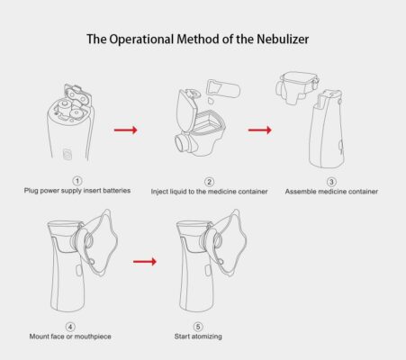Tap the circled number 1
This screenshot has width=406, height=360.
tap(77, 181)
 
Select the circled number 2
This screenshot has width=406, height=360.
tap(209, 181)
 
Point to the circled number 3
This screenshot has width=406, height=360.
tap(330, 181)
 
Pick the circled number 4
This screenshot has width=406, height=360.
tap(70, 326)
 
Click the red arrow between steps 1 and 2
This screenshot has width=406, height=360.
tap(126, 130)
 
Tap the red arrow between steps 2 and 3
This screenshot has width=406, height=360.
tap(259, 130)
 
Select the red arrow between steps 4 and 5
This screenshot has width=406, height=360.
tap(145, 262)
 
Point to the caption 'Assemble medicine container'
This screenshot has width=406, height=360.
tap(331, 192)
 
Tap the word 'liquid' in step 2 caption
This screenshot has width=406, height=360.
tap(185, 192)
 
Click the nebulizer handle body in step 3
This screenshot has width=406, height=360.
tap(325, 135)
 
